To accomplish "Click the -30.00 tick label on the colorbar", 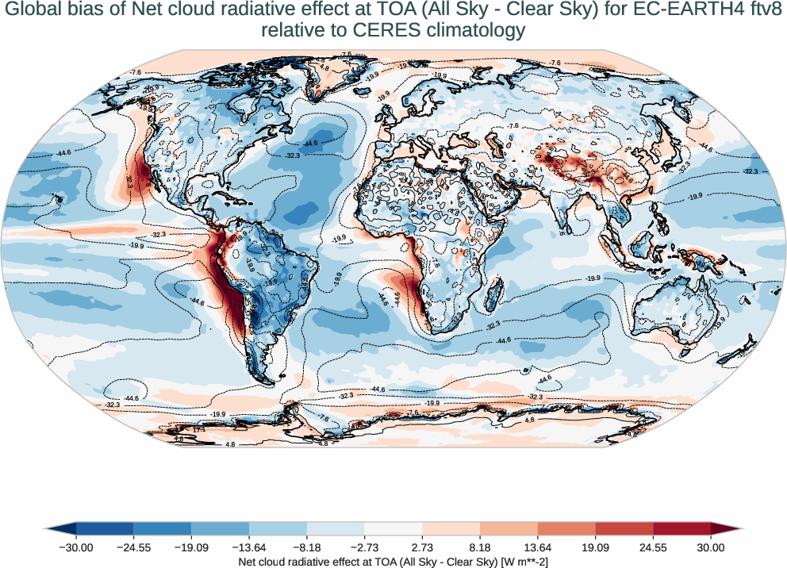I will (76, 547).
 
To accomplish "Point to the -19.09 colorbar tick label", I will (191, 547).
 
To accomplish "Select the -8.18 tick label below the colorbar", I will (307, 547).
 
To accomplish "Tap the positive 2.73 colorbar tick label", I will (422, 547).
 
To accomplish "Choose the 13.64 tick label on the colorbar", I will (538, 547).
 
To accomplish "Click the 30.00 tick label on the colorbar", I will (711, 547).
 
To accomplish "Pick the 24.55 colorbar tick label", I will (653, 547).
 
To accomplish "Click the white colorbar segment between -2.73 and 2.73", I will (393, 529).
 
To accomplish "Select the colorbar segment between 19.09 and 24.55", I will (624, 529).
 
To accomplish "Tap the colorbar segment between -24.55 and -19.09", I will (163, 529).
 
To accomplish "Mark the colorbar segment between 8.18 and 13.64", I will (509, 529).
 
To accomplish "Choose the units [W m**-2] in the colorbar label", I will (516, 562).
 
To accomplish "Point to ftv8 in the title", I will (760, 11).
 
